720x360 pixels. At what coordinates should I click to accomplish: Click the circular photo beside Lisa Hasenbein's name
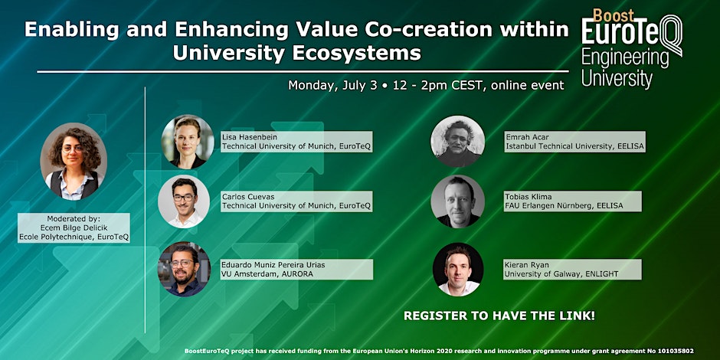[x=188, y=142]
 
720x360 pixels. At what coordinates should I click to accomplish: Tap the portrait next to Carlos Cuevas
[x=184, y=201]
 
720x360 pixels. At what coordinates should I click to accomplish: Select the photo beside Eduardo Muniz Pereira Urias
[x=184, y=269]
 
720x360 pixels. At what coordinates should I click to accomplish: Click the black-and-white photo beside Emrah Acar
[x=458, y=142]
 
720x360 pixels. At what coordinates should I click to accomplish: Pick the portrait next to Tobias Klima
[x=458, y=201]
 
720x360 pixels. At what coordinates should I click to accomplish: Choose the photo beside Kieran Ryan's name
[x=458, y=270]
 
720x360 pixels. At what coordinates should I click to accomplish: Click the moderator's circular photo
[x=74, y=161]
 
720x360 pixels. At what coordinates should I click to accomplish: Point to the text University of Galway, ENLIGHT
[x=561, y=273]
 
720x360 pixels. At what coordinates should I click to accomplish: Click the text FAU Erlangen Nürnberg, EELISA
[x=565, y=206]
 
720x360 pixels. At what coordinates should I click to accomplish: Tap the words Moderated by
[x=74, y=218]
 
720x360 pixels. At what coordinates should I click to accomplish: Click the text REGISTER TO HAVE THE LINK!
[x=499, y=316]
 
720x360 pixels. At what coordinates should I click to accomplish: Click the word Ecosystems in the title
[x=357, y=53]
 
